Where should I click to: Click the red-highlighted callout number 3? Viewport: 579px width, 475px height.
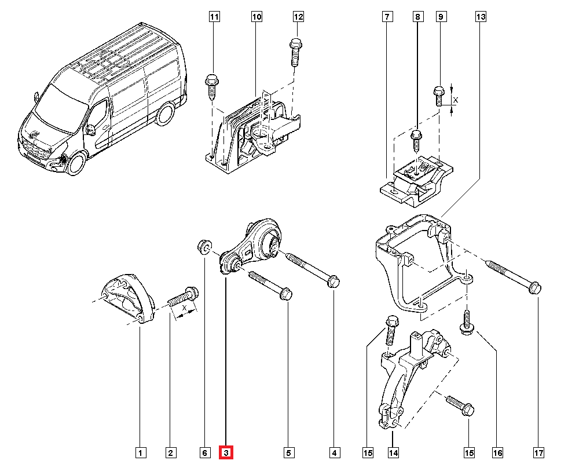(226, 452)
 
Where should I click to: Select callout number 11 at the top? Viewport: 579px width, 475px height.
(214, 17)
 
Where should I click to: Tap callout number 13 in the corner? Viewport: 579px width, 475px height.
(481, 17)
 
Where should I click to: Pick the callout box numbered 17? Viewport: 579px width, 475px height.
(538, 452)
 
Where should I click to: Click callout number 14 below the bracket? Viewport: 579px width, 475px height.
(393, 452)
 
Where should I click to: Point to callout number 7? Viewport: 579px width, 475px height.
(386, 17)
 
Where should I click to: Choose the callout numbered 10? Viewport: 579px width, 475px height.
(256, 17)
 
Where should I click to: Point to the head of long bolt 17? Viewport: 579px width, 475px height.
(536, 287)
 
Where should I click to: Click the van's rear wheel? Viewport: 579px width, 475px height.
(167, 115)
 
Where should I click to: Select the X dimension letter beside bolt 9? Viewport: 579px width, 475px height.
(455, 100)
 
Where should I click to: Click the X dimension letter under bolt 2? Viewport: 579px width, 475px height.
(184, 309)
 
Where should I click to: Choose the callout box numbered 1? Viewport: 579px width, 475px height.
(140, 452)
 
